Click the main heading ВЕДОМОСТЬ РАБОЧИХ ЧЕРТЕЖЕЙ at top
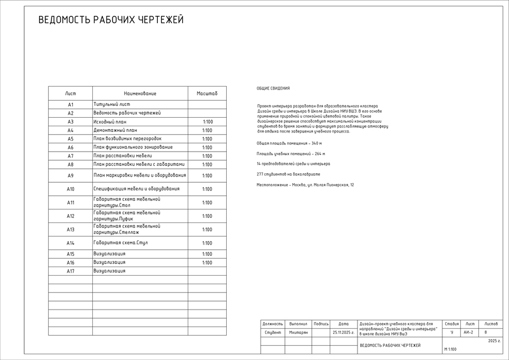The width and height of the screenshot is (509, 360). click(111, 20)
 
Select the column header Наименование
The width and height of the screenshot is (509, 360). click(140, 93)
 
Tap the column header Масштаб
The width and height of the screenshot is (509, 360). click(207, 93)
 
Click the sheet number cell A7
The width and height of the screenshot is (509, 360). click(71, 156)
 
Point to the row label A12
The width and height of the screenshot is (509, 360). click(71, 216)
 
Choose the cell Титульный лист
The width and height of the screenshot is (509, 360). click(112, 105)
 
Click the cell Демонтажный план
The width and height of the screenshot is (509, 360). click(115, 130)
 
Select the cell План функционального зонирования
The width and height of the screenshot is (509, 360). click(133, 147)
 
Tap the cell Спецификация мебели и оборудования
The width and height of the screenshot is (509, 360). click(136, 189)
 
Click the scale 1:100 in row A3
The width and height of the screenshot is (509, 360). click(208, 122)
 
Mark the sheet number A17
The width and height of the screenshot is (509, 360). click(71, 271)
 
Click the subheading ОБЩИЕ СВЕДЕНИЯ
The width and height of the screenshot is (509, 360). click(273, 88)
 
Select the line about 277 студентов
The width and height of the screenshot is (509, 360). click(288, 174)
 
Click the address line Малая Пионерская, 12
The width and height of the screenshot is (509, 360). click(305, 185)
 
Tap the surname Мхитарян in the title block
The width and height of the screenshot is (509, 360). click(298, 332)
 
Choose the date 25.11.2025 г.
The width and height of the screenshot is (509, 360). click(343, 332)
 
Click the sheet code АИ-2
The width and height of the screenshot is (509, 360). click(468, 332)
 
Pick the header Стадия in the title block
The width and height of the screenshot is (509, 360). click(451, 323)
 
